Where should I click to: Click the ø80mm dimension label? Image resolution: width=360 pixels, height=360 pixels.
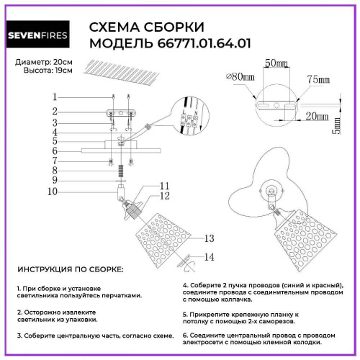click(x=240, y=76)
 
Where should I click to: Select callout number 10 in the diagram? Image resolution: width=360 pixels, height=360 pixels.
click(x=53, y=192)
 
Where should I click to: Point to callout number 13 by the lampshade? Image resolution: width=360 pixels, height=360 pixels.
click(x=210, y=238)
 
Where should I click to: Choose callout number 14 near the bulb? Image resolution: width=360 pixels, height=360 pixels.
click(x=210, y=256)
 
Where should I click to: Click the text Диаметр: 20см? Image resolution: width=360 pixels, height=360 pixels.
click(x=42, y=63)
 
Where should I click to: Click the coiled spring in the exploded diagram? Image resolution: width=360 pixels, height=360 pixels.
click(x=120, y=172)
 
